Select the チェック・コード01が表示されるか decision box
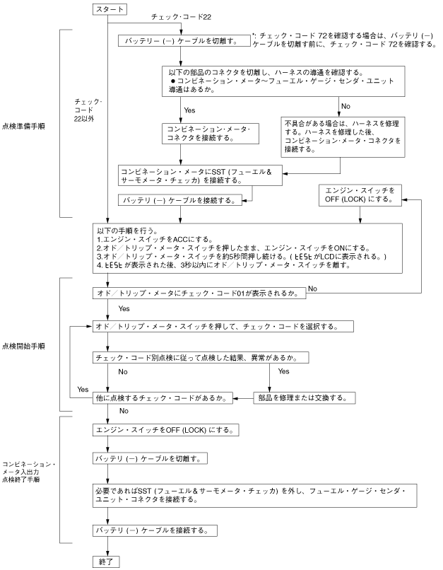tap(199, 292)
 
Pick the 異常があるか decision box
tap(201, 358)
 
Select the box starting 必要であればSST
tap(237, 494)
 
